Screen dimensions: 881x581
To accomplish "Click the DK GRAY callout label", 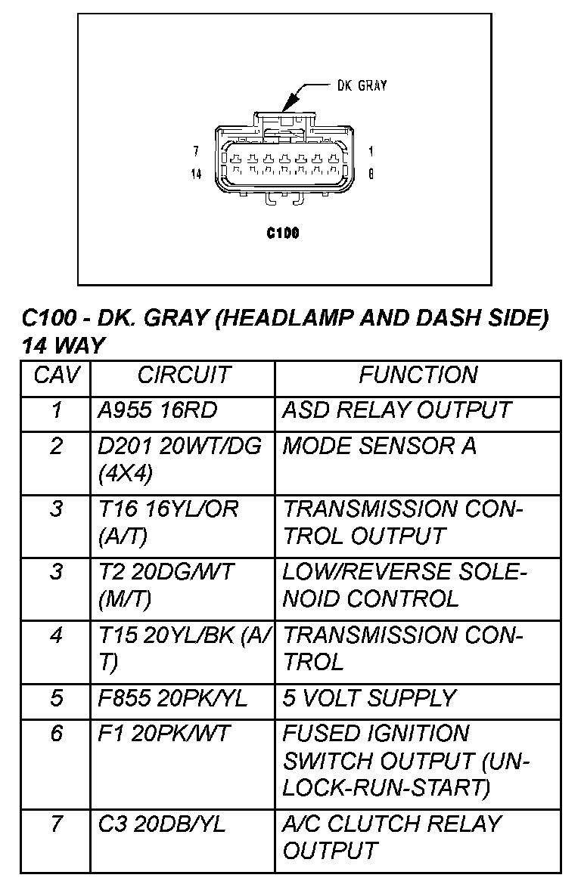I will (362, 85).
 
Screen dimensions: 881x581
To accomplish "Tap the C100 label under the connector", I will (283, 233).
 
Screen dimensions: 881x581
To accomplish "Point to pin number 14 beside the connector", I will (197, 175).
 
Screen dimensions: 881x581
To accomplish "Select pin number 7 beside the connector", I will (196, 151).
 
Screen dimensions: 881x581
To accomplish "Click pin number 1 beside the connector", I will (371, 151).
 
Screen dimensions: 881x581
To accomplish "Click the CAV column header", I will (56, 376).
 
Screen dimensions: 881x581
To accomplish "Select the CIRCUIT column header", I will (183, 376).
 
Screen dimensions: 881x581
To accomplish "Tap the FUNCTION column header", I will (418, 376).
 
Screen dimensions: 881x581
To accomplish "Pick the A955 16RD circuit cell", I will (157, 410).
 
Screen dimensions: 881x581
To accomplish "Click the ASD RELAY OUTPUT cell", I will (396, 410).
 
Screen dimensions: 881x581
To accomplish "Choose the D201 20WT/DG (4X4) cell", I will (180, 459).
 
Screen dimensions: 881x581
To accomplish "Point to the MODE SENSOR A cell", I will (379, 446).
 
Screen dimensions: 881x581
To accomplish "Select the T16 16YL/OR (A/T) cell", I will (168, 523).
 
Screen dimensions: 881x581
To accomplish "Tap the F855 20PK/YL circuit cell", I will (172, 698).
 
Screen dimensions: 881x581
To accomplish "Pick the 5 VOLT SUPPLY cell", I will (369, 698).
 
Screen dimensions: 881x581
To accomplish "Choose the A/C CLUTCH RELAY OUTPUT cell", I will (392, 837).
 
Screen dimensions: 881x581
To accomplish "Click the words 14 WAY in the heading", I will (64, 346).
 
